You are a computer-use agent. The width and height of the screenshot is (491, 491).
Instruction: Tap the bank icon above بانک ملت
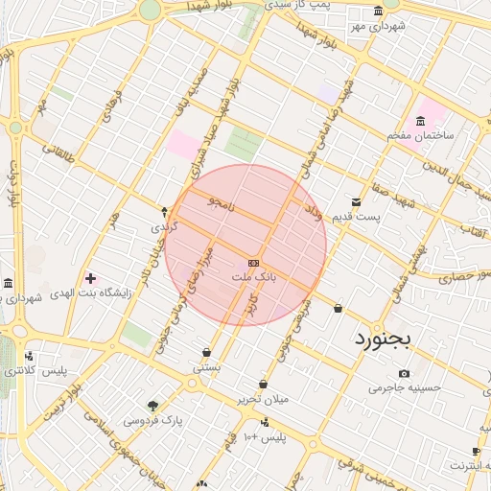point(253,262)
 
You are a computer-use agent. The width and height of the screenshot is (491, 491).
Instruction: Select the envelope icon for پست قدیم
point(357,202)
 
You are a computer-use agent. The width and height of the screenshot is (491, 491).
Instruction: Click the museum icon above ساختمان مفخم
point(419,121)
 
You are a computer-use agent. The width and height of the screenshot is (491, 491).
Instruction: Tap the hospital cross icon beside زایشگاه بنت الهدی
point(91,278)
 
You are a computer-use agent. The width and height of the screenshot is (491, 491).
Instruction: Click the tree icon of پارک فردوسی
point(152,405)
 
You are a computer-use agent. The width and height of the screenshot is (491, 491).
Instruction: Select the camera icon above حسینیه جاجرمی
point(404,373)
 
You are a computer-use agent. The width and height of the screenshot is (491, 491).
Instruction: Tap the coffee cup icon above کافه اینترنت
point(477,451)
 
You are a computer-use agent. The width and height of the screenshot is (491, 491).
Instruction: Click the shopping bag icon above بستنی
point(206,352)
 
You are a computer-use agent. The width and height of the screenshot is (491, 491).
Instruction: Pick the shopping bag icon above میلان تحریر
point(263,385)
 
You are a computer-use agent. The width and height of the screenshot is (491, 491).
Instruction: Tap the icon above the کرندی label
point(164,212)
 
